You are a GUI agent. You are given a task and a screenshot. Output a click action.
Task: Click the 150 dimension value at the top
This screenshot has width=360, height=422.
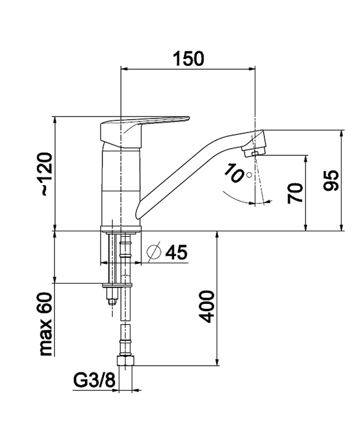[x=188, y=59]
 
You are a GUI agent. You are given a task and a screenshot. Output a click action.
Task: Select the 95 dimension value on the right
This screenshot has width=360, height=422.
[x=331, y=180]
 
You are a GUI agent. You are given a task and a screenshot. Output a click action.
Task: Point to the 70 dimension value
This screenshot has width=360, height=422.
[x=295, y=193]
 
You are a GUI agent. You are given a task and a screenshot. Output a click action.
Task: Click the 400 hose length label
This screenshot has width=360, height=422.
[x=208, y=306]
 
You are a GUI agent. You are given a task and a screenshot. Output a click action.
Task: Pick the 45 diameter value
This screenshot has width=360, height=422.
[x=176, y=252]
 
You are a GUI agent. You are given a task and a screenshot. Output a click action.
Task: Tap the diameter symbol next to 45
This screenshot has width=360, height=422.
[x=154, y=252]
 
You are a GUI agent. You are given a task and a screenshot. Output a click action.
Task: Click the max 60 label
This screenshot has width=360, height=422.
[x=46, y=324]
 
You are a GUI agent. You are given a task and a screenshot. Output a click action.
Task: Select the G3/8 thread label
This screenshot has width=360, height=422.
[x=94, y=380]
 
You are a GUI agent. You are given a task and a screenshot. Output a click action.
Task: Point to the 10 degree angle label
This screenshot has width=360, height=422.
[x=233, y=173]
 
